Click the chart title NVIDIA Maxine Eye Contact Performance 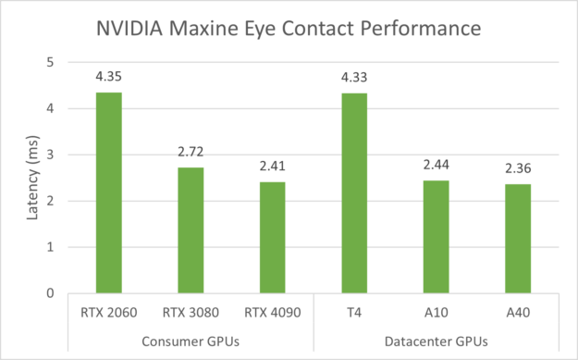tap(289, 28)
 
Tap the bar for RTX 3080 tap(191, 230)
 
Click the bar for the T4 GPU tap(354, 193)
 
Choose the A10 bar tap(436, 237)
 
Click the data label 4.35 tap(109, 79)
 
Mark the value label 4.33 tap(354, 80)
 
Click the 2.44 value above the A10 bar tap(436, 168)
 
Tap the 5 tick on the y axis tap(51, 63)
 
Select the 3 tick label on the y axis tap(51, 155)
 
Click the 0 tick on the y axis tap(51, 293)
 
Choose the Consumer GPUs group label tap(191, 341)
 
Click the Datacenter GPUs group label tap(436, 341)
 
